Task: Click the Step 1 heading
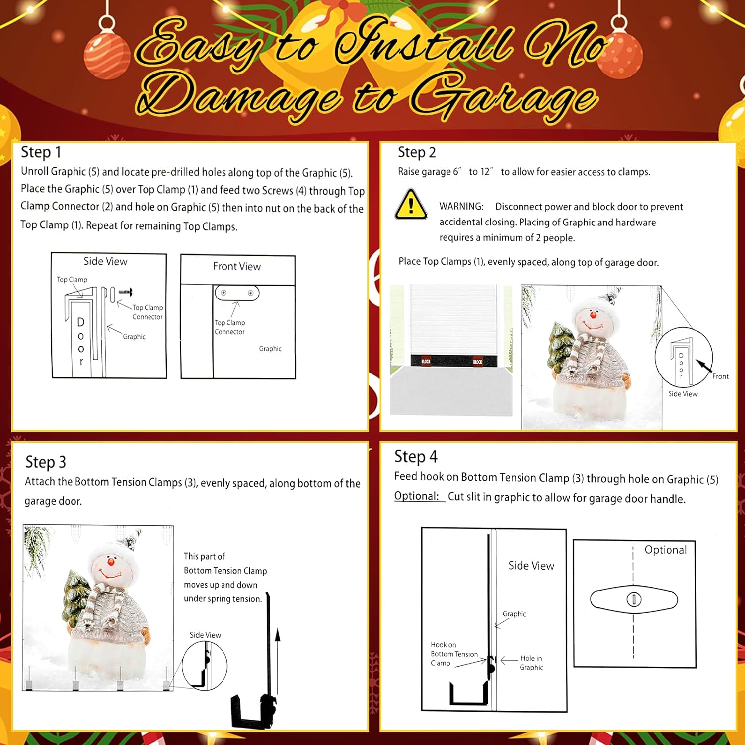(x=41, y=152)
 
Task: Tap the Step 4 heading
(x=416, y=456)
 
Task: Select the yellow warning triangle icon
(x=411, y=205)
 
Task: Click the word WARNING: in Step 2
(x=461, y=206)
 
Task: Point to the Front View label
(x=237, y=266)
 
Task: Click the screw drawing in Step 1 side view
(x=125, y=292)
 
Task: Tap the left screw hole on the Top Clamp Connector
(x=223, y=293)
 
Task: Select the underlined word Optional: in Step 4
(x=417, y=496)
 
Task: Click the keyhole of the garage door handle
(x=634, y=599)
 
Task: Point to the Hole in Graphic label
(x=531, y=663)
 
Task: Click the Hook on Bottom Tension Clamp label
(x=453, y=654)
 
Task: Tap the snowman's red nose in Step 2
(x=593, y=315)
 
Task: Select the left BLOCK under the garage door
(x=426, y=361)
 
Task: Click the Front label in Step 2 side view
(x=720, y=376)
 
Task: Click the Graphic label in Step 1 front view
(x=270, y=349)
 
